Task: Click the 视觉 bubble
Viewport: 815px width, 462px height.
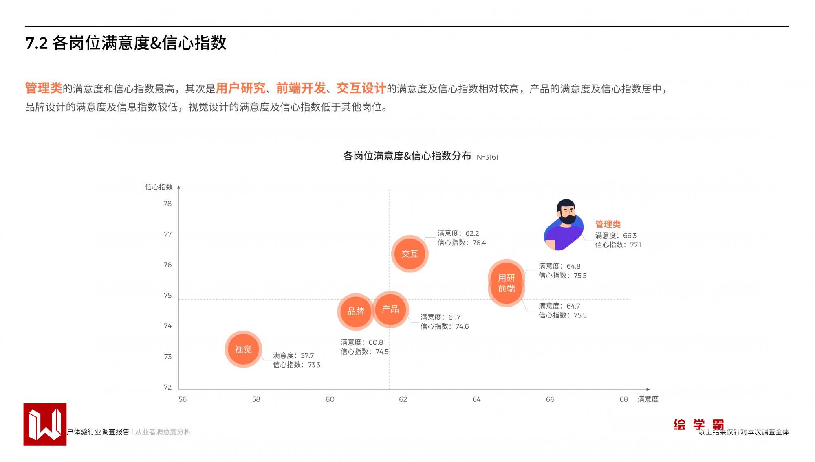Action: [x=243, y=349]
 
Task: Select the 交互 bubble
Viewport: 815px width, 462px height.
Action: [x=410, y=254]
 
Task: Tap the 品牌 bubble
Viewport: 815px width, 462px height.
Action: [x=355, y=311]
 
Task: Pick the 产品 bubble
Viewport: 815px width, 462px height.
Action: [x=390, y=309]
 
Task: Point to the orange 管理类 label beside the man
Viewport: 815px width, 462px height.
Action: [x=608, y=224]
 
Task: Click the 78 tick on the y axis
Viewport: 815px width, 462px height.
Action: [x=167, y=204]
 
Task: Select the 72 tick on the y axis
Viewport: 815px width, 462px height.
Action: [x=167, y=387]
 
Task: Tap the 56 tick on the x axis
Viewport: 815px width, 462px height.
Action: [x=183, y=399]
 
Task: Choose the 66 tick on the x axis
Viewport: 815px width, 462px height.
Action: [x=550, y=399]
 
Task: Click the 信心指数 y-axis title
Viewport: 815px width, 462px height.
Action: [x=159, y=187]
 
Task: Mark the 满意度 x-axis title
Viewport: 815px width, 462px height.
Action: [x=648, y=399]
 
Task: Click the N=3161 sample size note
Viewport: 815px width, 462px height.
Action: [x=487, y=157]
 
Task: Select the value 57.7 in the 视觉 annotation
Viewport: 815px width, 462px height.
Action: [x=307, y=356]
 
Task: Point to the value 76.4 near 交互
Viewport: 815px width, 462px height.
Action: [x=479, y=243]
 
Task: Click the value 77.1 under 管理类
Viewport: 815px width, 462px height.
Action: [x=636, y=245]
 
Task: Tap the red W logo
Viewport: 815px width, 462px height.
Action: [x=45, y=424]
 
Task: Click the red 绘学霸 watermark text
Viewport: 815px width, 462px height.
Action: [x=698, y=425]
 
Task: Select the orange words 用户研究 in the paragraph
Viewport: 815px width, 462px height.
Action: [x=240, y=88]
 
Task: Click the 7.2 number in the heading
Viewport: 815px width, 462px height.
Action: [x=37, y=44]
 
